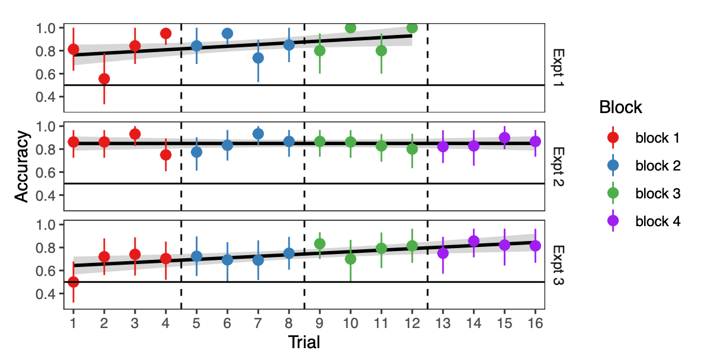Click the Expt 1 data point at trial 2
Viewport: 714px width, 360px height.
tap(104, 79)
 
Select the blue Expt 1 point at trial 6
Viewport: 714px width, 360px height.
tap(227, 33)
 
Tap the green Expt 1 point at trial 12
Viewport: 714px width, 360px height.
tap(412, 28)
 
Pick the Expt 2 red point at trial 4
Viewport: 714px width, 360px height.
tap(166, 155)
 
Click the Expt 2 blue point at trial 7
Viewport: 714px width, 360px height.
tap(258, 134)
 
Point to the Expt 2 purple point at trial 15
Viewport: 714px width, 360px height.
tap(504, 137)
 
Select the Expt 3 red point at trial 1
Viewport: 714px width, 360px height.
tap(73, 282)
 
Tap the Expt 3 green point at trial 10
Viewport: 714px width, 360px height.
tap(350, 259)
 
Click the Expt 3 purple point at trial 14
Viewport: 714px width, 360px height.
tap(474, 241)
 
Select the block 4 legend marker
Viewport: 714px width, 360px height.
tap(613, 221)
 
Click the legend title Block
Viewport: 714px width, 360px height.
tap(620, 108)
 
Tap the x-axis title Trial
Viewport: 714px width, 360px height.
tap(304, 343)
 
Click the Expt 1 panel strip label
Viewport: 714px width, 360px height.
tap(558, 67)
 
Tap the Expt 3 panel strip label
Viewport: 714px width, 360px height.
tap(558, 265)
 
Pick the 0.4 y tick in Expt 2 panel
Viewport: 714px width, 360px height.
tap(47, 195)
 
